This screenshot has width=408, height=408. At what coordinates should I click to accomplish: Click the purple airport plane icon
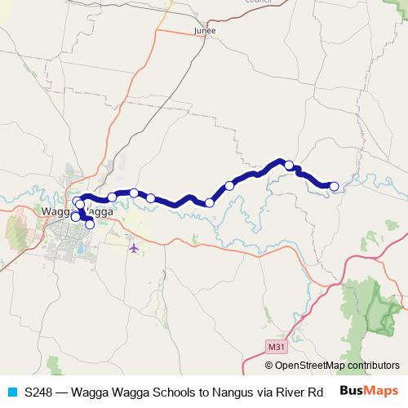pos(134,246)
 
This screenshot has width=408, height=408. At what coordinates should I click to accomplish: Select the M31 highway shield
pos(276,347)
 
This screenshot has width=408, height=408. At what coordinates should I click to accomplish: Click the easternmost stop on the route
pos(334,186)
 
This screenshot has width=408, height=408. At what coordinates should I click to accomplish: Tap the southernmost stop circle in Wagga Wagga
pos(90,224)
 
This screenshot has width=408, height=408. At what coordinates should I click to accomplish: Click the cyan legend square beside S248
pos(11,391)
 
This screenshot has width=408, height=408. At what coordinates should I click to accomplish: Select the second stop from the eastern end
pos(289,165)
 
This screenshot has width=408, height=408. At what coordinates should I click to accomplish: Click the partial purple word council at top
pos(259,2)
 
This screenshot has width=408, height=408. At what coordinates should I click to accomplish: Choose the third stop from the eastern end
pos(229,186)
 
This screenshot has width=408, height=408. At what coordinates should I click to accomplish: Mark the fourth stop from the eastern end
pos(210,202)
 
